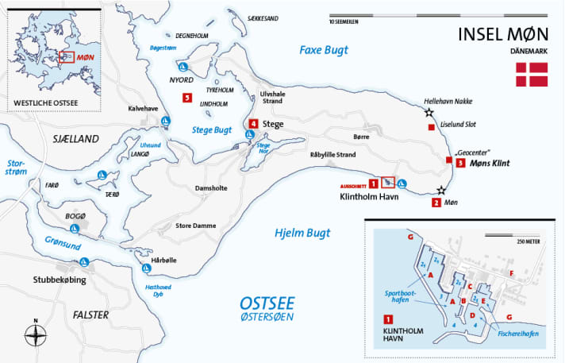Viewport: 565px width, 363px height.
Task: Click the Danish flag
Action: tap(532, 74)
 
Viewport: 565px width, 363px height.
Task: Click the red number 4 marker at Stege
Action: tap(253, 124)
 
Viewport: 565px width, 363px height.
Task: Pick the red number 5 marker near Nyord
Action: tap(186, 98)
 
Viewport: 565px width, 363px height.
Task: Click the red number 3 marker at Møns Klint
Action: tap(461, 164)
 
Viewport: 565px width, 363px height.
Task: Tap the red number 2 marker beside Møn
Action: tap(436, 203)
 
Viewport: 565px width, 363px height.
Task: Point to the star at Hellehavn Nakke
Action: tap(429, 114)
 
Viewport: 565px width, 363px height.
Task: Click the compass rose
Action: tap(35, 334)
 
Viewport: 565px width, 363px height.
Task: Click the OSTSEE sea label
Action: tap(267, 303)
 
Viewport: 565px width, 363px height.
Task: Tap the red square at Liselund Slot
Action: tap(431, 128)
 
